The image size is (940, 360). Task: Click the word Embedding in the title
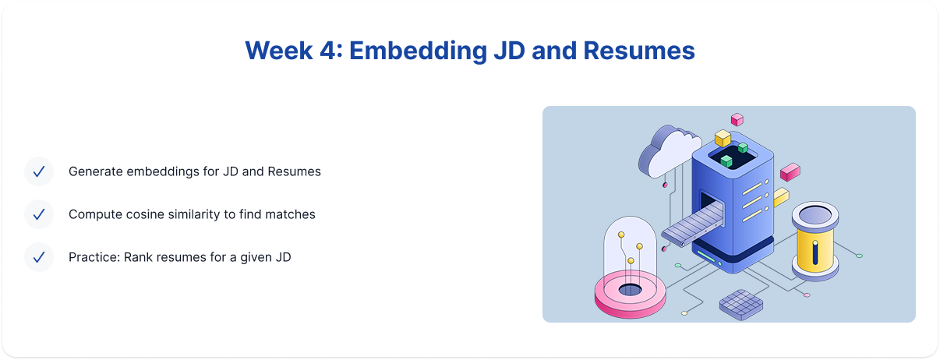click(x=418, y=51)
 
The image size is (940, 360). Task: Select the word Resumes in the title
click(x=638, y=51)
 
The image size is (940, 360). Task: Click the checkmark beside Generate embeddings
click(x=39, y=171)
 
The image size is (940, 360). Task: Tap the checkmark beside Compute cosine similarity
click(x=39, y=214)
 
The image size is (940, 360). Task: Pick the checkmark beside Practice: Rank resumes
click(x=39, y=257)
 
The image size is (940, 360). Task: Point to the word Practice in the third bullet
click(x=94, y=257)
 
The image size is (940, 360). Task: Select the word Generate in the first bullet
click(x=95, y=171)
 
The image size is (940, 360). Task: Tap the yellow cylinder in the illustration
click(x=815, y=241)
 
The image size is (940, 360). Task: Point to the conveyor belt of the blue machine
click(x=692, y=224)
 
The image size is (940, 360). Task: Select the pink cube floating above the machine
click(x=737, y=119)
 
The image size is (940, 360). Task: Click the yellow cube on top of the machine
click(x=723, y=138)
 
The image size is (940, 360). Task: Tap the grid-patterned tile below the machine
click(x=741, y=305)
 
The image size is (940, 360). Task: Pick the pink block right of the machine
click(x=790, y=171)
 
